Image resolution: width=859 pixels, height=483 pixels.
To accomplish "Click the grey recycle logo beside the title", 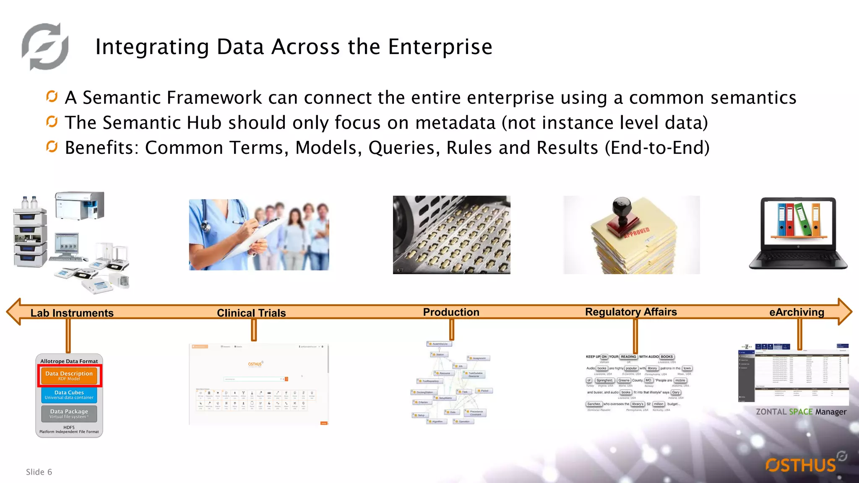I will coord(45,47).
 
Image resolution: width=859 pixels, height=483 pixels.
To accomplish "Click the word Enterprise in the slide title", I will coord(440,47).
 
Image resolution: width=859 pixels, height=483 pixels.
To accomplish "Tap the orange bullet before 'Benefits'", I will coord(52,147).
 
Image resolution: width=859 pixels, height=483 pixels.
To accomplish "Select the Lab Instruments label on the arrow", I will coord(72,313).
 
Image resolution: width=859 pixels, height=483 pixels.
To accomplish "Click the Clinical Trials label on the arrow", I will coord(251,313).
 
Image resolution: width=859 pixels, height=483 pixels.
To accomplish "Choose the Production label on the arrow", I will coord(451,312).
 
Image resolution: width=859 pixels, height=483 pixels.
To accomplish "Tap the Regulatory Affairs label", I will coord(631,312).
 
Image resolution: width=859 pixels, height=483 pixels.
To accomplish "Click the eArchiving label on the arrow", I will coord(797,312).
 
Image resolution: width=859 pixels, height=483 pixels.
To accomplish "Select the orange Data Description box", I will coord(69,376).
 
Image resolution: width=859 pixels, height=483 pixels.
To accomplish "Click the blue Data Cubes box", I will coord(69,395).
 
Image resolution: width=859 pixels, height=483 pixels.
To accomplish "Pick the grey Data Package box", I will coord(69,414).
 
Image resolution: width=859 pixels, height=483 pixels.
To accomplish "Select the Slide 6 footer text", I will coord(39,472).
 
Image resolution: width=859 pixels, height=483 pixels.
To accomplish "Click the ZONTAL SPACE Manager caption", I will coord(801,412).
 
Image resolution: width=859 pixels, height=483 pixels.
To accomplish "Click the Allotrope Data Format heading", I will coord(69,361).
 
